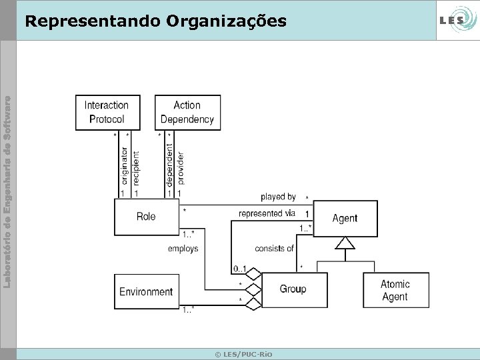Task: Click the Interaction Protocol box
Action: [107, 112]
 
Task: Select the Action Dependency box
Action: [187, 112]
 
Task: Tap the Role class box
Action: [146, 216]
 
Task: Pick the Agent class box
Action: [345, 218]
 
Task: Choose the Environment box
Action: [146, 291]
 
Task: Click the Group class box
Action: [293, 289]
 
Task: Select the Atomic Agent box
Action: [395, 290]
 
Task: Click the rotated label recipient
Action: [136, 167]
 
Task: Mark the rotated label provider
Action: [181, 167]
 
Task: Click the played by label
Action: [278, 197]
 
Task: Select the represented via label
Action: [267, 213]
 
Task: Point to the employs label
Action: [183, 249]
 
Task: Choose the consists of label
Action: [274, 249]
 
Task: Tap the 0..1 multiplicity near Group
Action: [240, 269]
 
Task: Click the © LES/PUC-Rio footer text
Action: [243, 353]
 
